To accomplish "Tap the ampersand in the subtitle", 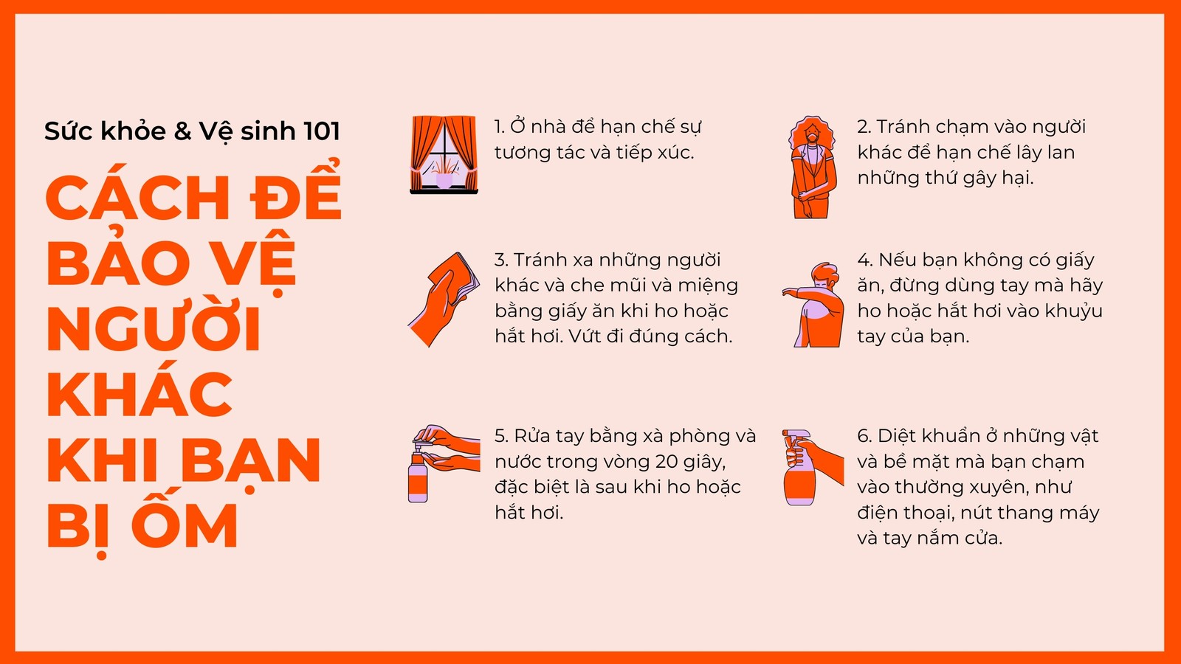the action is (x=182, y=131).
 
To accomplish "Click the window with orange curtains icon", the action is (x=444, y=154).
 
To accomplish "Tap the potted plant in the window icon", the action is (x=444, y=173).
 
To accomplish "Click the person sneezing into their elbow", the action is (x=813, y=304).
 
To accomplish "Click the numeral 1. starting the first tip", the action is (x=499, y=127).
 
